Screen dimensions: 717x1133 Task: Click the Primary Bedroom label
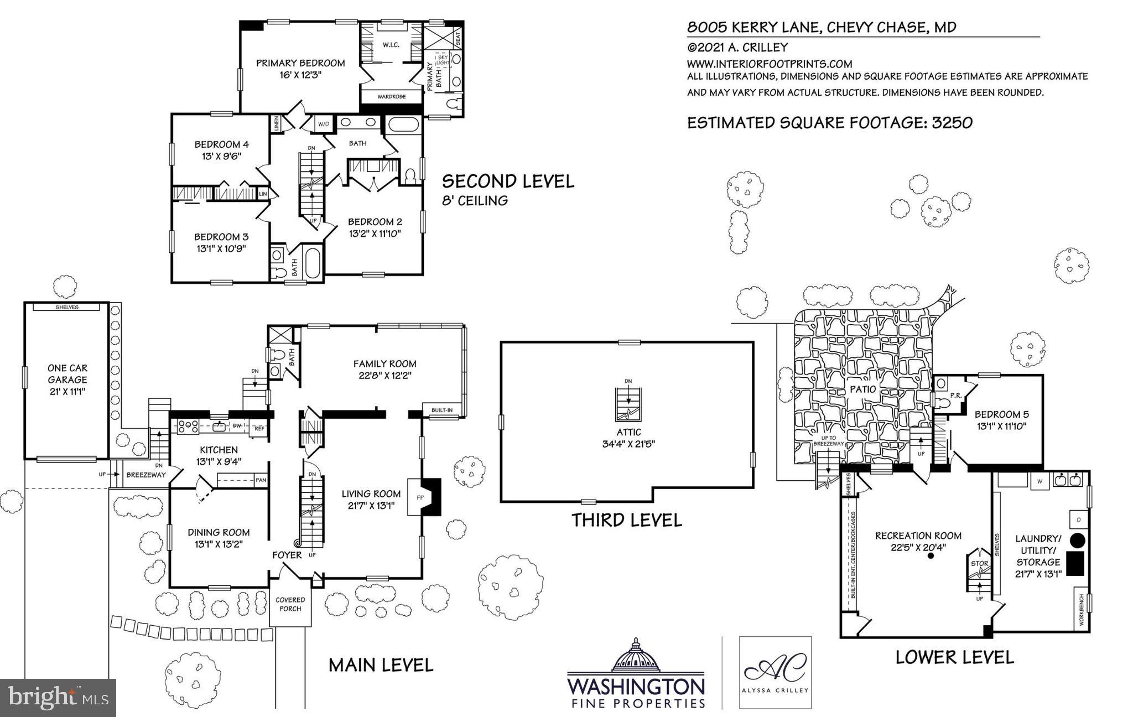(300, 63)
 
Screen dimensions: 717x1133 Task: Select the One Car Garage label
(67, 374)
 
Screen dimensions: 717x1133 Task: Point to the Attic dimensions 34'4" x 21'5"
(628, 444)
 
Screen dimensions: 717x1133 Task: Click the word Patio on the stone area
(862, 389)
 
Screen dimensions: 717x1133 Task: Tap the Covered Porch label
(290, 604)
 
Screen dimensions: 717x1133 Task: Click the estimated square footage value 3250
(952, 123)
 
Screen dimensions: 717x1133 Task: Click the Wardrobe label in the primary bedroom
(391, 97)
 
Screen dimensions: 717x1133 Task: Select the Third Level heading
(626, 520)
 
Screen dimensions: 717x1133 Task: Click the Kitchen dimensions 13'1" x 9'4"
(219, 461)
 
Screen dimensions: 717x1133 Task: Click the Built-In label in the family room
(441, 410)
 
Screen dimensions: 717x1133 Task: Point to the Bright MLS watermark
(58, 698)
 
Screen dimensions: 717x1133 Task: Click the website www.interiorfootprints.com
(769, 64)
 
